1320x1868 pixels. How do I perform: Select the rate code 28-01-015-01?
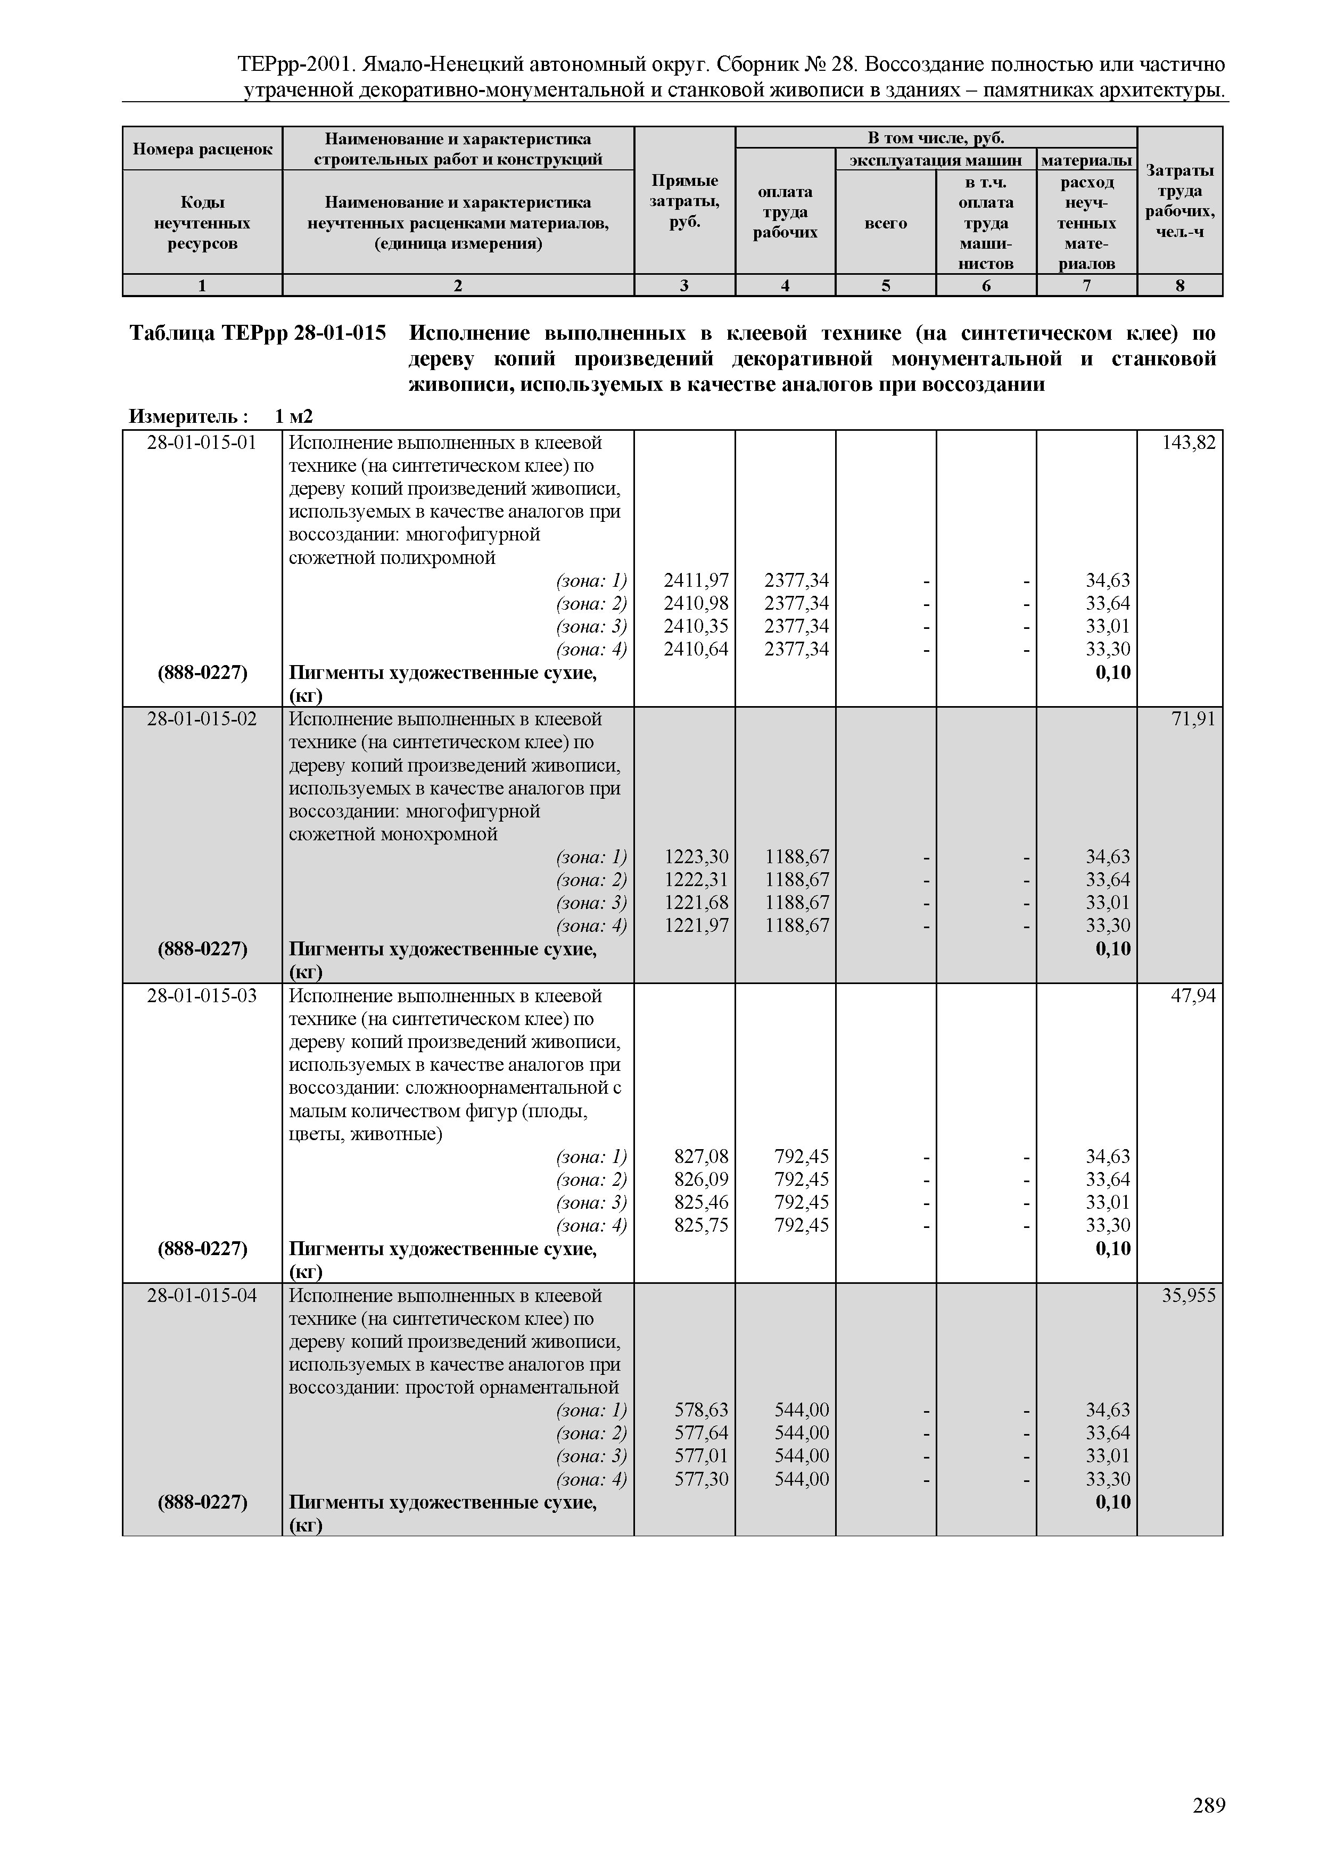click(x=202, y=443)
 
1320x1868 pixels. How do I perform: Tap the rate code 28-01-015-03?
click(x=202, y=995)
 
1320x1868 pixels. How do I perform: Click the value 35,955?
click(x=1188, y=1295)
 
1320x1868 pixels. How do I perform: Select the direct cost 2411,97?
click(x=696, y=580)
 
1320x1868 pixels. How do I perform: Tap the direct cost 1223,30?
click(x=696, y=857)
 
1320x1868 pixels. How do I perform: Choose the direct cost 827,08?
click(x=701, y=1156)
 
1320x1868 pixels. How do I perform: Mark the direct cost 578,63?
click(x=701, y=1409)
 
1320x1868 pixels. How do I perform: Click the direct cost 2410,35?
click(x=696, y=626)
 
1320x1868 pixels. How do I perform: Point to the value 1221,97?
click(x=696, y=925)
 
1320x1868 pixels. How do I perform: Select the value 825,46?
click(x=701, y=1202)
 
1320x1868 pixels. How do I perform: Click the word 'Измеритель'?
click(x=184, y=416)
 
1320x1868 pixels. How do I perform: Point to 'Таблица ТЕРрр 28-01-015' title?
click(x=258, y=333)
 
